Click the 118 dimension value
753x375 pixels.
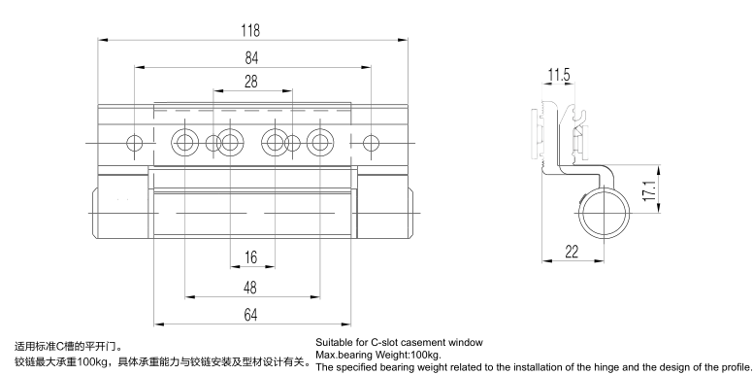click(250, 30)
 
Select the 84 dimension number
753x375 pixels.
click(251, 57)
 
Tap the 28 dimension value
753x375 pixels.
click(251, 82)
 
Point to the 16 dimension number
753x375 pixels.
click(250, 257)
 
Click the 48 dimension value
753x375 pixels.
click(250, 288)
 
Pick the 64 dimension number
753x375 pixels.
click(250, 315)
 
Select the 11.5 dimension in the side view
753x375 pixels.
click(559, 75)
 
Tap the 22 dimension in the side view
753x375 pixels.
click(572, 252)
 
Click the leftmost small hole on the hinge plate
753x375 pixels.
click(135, 143)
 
